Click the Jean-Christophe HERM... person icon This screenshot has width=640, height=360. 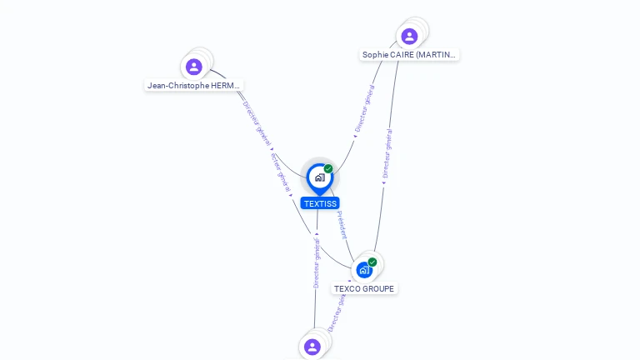click(194, 67)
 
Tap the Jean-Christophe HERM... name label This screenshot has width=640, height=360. click(193, 85)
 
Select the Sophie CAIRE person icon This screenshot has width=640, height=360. click(409, 37)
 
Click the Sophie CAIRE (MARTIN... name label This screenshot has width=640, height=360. click(409, 55)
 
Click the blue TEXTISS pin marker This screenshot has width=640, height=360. click(319, 177)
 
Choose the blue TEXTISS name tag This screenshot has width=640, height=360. click(320, 203)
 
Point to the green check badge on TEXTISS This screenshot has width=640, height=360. click(328, 169)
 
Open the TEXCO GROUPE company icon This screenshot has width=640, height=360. click(364, 270)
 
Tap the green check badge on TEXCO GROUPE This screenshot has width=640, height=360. click(372, 262)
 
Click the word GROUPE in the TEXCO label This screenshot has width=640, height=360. click(378, 289)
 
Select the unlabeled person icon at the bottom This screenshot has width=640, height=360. click(312, 347)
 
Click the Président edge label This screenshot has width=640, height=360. click(342, 225)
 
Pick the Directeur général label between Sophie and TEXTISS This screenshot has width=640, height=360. click(364, 109)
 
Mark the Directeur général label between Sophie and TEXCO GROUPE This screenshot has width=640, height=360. click(387, 153)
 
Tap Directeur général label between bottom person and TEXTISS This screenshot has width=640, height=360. click(317, 262)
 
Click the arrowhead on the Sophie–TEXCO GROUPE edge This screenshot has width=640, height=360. click(384, 183)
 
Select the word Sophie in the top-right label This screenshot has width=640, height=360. click(376, 55)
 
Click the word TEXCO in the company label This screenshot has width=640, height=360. click(348, 289)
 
